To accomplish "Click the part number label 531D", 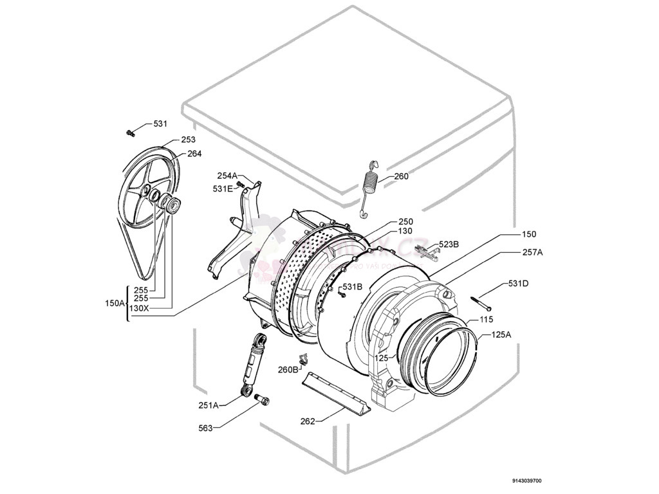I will (519, 284).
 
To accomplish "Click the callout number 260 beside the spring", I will (401, 176).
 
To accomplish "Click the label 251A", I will (209, 405).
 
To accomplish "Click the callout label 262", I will (308, 421).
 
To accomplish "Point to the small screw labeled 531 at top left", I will (131, 133).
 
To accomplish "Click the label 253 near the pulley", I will (188, 140).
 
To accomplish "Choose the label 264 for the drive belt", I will (194, 154).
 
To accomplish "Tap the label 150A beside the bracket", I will (115, 303).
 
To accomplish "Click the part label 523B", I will (449, 244).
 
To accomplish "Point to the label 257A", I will (532, 253).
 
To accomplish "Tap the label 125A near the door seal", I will (501, 334).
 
